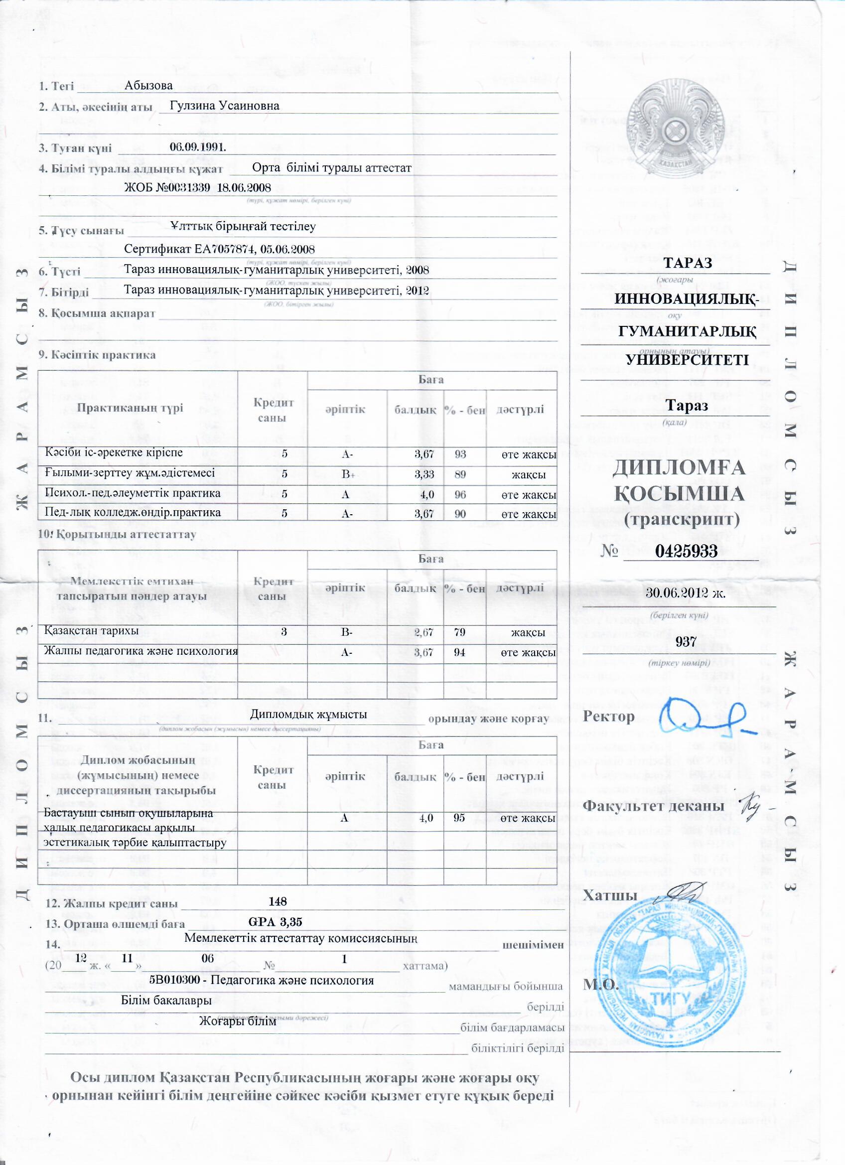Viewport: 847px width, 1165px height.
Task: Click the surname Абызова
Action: pyautogui.click(x=148, y=85)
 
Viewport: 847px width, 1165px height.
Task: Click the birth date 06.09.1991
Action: pyautogui.click(x=198, y=147)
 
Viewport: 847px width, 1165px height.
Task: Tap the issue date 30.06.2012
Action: pyautogui.click(x=685, y=593)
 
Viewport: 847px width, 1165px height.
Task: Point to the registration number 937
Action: pyautogui.click(x=686, y=641)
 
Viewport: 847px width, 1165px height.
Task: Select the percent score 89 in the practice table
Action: pyautogui.click(x=460, y=474)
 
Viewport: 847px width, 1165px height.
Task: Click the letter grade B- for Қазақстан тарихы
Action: pyautogui.click(x=347, y=632)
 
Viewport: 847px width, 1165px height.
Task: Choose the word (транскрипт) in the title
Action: pyautogui.click(x=682, y=520)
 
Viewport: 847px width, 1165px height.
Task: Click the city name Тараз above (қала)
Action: pyautogui.click(x=687, y=405)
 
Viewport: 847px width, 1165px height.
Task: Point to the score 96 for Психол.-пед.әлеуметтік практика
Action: pyautogui.click(x=460, y=494)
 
